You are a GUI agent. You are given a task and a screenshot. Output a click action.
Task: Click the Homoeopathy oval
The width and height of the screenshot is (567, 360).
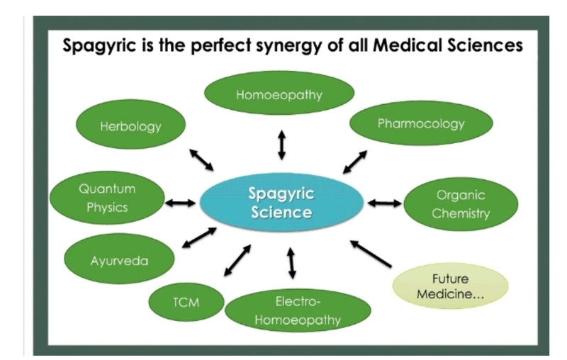279,94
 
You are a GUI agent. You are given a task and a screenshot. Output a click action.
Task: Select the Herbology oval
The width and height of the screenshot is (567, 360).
130,127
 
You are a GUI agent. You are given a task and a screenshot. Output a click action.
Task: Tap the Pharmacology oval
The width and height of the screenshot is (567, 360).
421,124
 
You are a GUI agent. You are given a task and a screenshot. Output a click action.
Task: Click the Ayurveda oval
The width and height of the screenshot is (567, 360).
119,260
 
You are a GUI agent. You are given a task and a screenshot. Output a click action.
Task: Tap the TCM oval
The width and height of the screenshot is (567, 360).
186,303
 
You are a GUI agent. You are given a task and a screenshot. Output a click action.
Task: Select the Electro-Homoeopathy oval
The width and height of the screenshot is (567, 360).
298,311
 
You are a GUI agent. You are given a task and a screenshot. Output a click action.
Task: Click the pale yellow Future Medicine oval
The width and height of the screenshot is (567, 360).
450,286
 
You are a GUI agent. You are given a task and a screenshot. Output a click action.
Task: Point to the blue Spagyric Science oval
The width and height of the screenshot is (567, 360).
281,203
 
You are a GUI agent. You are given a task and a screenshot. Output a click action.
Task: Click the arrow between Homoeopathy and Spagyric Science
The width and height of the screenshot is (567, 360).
281,145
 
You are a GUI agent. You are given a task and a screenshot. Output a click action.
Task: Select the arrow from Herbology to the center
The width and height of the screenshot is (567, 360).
201,160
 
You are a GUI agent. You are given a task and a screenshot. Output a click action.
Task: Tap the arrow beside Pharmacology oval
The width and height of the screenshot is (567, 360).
355,162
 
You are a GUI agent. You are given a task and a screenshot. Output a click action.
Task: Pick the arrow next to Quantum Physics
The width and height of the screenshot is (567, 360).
179,203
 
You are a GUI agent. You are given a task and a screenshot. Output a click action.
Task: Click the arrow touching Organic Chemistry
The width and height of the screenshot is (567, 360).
384,203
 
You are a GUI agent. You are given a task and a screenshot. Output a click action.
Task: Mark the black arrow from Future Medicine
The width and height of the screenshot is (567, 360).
371,254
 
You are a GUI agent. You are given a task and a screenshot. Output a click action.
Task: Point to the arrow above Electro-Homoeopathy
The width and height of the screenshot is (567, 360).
291,264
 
